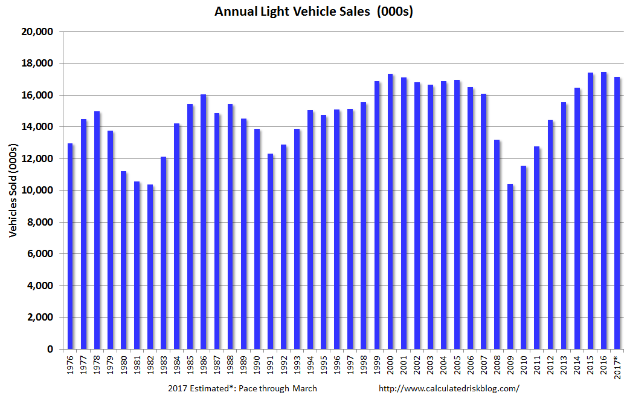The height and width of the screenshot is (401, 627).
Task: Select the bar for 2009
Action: coord(510,266)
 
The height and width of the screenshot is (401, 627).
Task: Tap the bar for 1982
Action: coord(150,267)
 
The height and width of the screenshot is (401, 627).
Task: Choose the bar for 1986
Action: coord(204,221)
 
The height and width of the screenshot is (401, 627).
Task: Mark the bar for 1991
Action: coord(270,251)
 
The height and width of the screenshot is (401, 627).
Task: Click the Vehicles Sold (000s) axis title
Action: coord(13,191)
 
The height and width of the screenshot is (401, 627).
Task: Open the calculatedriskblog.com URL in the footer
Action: coord(448,388)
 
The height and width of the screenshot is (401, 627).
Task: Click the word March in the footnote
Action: coord(304,388)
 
